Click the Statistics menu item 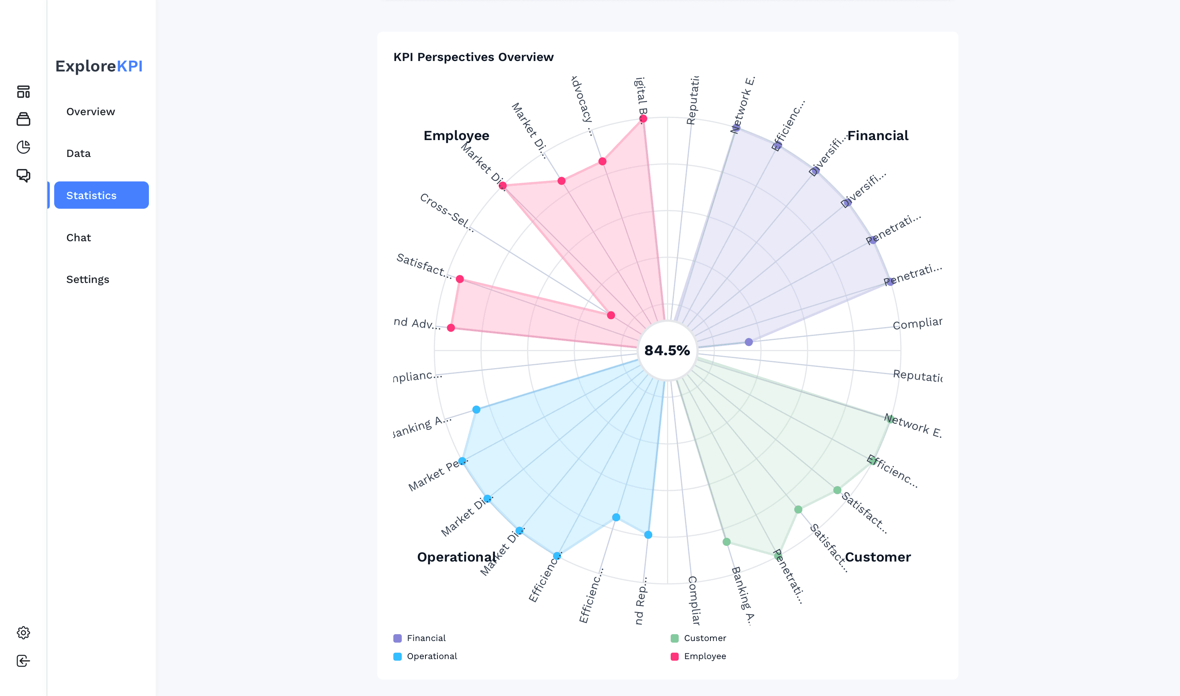point(101,195)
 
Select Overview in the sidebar point(91,112)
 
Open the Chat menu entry point(78,237)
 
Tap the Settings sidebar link point(88,279)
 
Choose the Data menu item point(78,153)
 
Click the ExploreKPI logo point(99,66)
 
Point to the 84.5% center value point(667,350)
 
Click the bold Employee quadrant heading point(456,136)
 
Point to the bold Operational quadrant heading point(456,557)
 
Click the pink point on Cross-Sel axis point(610,315)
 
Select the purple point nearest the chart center point(749,342)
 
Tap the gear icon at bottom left point(23,633)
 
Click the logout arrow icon point(23,660)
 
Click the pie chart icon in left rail point(23,147)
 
